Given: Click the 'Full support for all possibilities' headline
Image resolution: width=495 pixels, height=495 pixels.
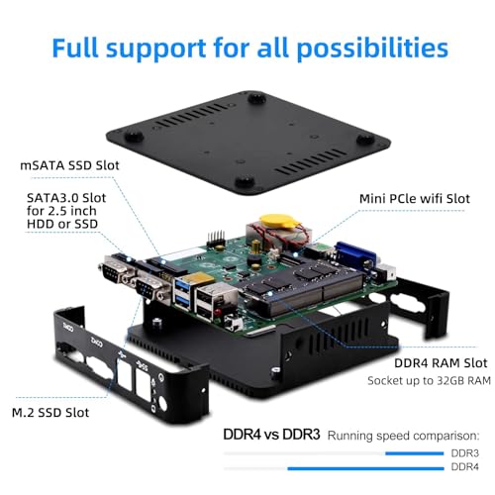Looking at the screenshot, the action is click(249, 49).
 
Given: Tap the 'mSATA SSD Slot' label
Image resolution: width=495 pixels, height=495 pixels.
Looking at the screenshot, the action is click(69, 165).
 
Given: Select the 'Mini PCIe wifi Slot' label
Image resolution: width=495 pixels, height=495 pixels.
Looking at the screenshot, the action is click(415, 199).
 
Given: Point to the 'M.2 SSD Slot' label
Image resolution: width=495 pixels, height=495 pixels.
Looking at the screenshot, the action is click(50, 413).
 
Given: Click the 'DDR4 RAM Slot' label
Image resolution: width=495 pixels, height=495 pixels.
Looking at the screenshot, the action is click(441, 363).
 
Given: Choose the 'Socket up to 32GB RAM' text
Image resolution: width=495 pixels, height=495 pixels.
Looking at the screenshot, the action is click(429, 381).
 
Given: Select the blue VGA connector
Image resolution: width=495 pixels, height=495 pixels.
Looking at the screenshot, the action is click(355, 254).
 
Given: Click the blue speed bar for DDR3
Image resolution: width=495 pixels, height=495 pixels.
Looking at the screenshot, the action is click(414, 453).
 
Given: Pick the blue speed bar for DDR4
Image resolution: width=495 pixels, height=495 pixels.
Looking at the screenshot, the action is click(365, 468).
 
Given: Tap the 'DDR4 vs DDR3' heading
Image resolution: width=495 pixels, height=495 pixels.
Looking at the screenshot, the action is click(271, 435).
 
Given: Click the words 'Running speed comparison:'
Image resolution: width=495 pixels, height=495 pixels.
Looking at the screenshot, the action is click(403, 436).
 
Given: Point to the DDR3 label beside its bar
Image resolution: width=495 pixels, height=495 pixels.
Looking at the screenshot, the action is click(464, 453).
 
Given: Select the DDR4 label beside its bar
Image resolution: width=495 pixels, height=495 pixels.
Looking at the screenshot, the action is click(464, 467).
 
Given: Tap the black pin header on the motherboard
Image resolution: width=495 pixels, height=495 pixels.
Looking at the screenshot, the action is click(215, 240).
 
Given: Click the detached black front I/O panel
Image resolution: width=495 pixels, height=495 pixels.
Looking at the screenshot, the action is click(132, 366).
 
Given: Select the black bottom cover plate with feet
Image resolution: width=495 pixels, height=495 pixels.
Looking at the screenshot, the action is click(248, 143).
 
